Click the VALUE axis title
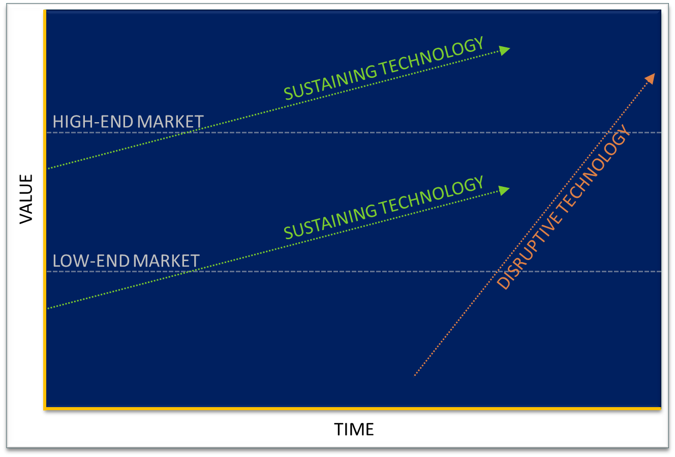pyautogui.click(x=26, y=198)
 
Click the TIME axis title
pyautogui.click(x=354, y=430)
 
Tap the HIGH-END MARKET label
pyautogui.click(x=128, y=122)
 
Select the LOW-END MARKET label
pyautogui.click(x=126, y=261)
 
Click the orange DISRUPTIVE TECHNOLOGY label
pyautogui.click(x=564, y=208)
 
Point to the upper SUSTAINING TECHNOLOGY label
pyautogui.click(x=384, y=68)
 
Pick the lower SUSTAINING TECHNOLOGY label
pyautogui.click(x=384, y=207)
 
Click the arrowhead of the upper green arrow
pyautogui.click(x=504, y=49)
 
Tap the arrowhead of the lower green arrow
pyautogui.click(x=504, y=190)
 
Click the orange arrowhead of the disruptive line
pyautogui.click(x=650, y=78)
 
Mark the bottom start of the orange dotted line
pyautogui.click(x=415, y=376)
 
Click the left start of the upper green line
pyautogui.click(x=48, y=168)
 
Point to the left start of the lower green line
pyautogui.click(x=48, y=308)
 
